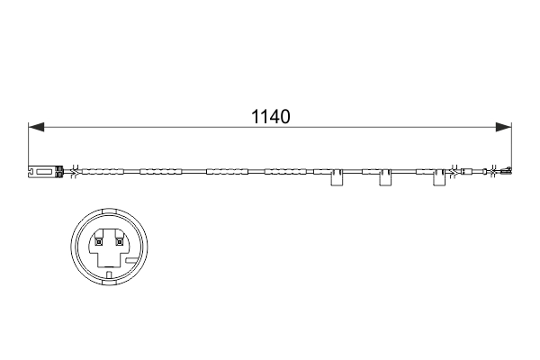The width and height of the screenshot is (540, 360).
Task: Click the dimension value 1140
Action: pos(271,116)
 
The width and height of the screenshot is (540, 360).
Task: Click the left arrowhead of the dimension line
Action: pos(36,127)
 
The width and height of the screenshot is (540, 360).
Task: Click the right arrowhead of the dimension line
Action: pos(503,127)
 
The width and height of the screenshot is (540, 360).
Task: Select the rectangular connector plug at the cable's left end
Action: pos(46,172)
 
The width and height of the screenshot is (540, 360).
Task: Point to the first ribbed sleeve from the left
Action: pos(103,172)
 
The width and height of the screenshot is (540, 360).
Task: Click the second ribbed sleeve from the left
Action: pos(160,172)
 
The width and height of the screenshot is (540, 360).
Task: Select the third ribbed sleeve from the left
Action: pos(228,172)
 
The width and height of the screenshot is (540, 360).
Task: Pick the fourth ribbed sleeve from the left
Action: pos(285,172)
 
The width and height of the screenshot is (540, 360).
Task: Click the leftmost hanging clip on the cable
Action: pos(337,177)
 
